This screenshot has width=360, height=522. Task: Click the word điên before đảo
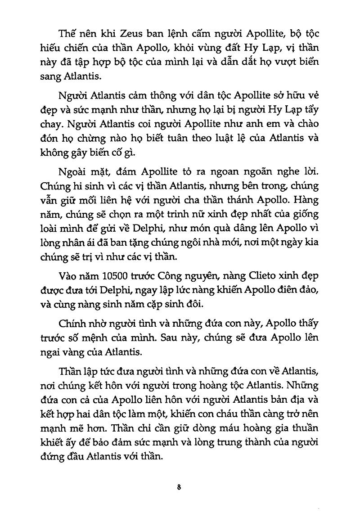[x=282, y=290]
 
